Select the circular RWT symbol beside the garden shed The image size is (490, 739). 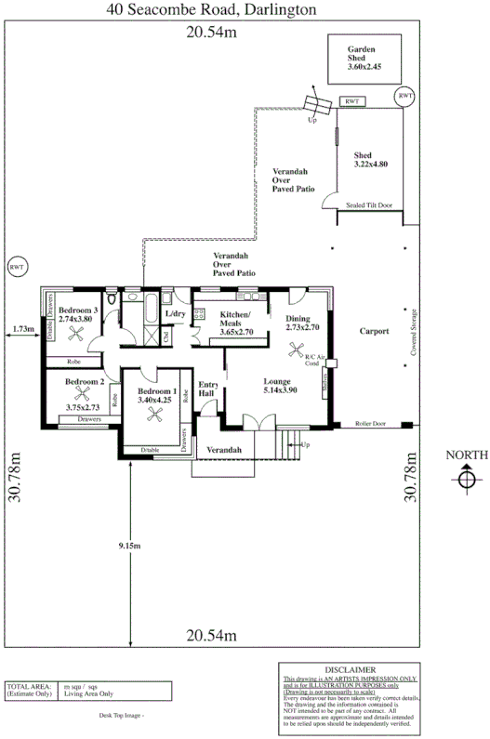(405, 97)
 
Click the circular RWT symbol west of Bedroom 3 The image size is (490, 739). (17, 267)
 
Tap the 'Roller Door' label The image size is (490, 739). (371, 424)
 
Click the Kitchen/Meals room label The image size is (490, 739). (236, 322)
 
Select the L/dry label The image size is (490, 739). (176, 314)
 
